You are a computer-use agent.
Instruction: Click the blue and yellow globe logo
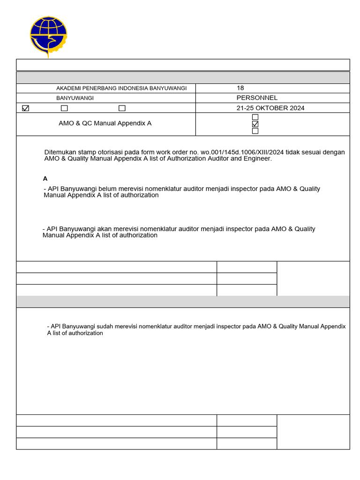48,36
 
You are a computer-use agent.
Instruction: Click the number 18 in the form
240,88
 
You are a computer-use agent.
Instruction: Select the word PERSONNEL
257,98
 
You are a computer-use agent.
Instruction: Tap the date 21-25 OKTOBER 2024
270,108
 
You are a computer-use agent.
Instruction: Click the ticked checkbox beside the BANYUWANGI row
26,108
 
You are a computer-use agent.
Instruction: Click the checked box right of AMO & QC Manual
255,124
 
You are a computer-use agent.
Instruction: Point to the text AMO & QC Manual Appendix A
105,124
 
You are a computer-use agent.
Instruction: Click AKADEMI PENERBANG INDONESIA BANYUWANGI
121,89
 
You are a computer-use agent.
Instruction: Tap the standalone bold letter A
45,179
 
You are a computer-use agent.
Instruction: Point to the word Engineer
258,159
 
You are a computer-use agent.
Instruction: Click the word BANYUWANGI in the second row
75,98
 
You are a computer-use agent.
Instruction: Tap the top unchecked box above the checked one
255,117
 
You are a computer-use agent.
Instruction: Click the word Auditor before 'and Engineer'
220,159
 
